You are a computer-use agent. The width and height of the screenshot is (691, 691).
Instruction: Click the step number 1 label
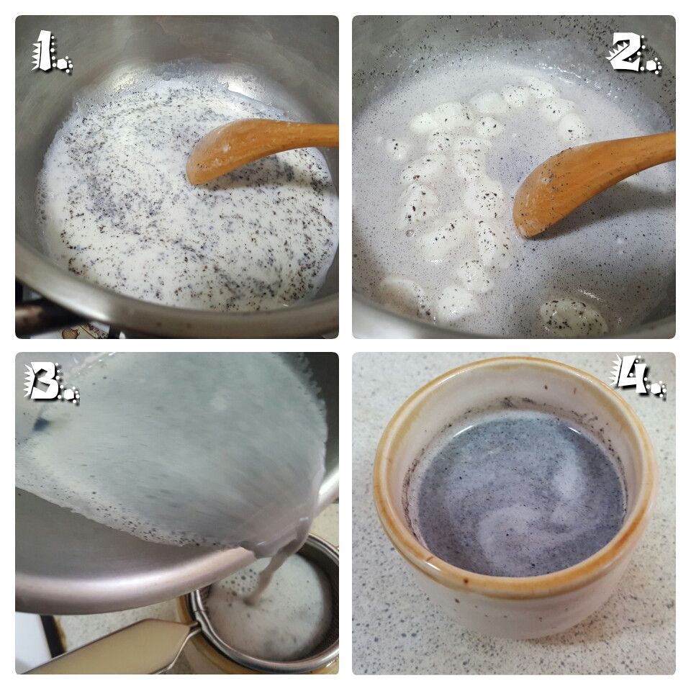click(52, 51)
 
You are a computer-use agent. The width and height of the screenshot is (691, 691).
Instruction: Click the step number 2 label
click(635, 53)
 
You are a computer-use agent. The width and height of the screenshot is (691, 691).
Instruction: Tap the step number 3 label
click(52, 382)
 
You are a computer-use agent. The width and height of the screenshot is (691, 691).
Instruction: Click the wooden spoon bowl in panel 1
click(220, 152)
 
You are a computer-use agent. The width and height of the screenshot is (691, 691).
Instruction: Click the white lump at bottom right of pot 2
click(573, 317)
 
